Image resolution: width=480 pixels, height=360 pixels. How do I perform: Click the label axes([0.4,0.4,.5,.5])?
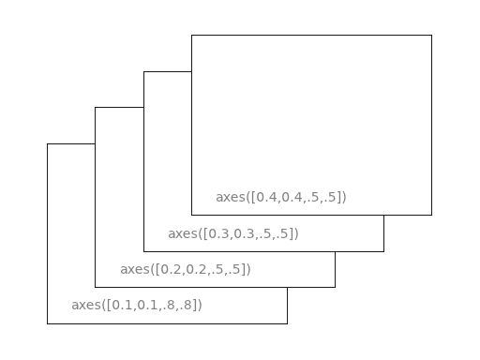pyautogui.click(x=281, y=197)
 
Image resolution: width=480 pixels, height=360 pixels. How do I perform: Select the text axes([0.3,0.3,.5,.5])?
pyautogui.click(x=233, y=233)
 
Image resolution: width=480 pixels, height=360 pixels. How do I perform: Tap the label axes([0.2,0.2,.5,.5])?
pyautogui.click(x=186, y=269)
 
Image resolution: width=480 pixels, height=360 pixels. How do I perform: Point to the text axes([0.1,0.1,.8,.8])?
pyautogui.click(x=137, y=305)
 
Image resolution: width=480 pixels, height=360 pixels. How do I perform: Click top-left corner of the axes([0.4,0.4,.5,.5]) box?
pyautogui.click(x=191, y=36)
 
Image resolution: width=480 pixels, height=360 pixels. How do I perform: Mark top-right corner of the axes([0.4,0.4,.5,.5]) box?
pyautogui.click(x=431, y=36)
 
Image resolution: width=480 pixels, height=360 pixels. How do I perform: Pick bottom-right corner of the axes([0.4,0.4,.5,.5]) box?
pyautogui.click(x=431, y=215)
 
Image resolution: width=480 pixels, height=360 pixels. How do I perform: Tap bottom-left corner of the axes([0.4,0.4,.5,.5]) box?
pyautogui.click(x=191, y=215)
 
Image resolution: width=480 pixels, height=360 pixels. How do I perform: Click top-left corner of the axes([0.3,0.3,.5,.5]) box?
pyautogui.click(x=143, y=71)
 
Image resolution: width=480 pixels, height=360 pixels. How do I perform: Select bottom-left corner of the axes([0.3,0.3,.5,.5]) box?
pyautogui.click(x=143, y=251)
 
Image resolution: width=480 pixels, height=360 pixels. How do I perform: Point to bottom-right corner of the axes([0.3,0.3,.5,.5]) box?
pyautogui.click(x=383, y=251)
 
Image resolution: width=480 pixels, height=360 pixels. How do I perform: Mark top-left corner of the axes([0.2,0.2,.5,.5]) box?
pyautogui.click(x=95, y=108)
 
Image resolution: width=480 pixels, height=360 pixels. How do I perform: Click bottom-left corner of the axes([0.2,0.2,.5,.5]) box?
pyautogui.click(x=95, y=287)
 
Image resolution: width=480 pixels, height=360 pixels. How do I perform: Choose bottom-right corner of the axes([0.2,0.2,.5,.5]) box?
pyautogui.click(x=335, y=287)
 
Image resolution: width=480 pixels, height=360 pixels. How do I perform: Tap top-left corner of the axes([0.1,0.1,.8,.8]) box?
pyautogui.click(x=47, y=143)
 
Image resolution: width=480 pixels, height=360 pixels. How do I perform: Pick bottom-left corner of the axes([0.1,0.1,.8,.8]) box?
pyautogui.click(x=47, y=323)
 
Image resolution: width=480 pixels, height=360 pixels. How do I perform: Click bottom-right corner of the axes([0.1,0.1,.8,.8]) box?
pyautogui.click(x=287, y=323)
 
